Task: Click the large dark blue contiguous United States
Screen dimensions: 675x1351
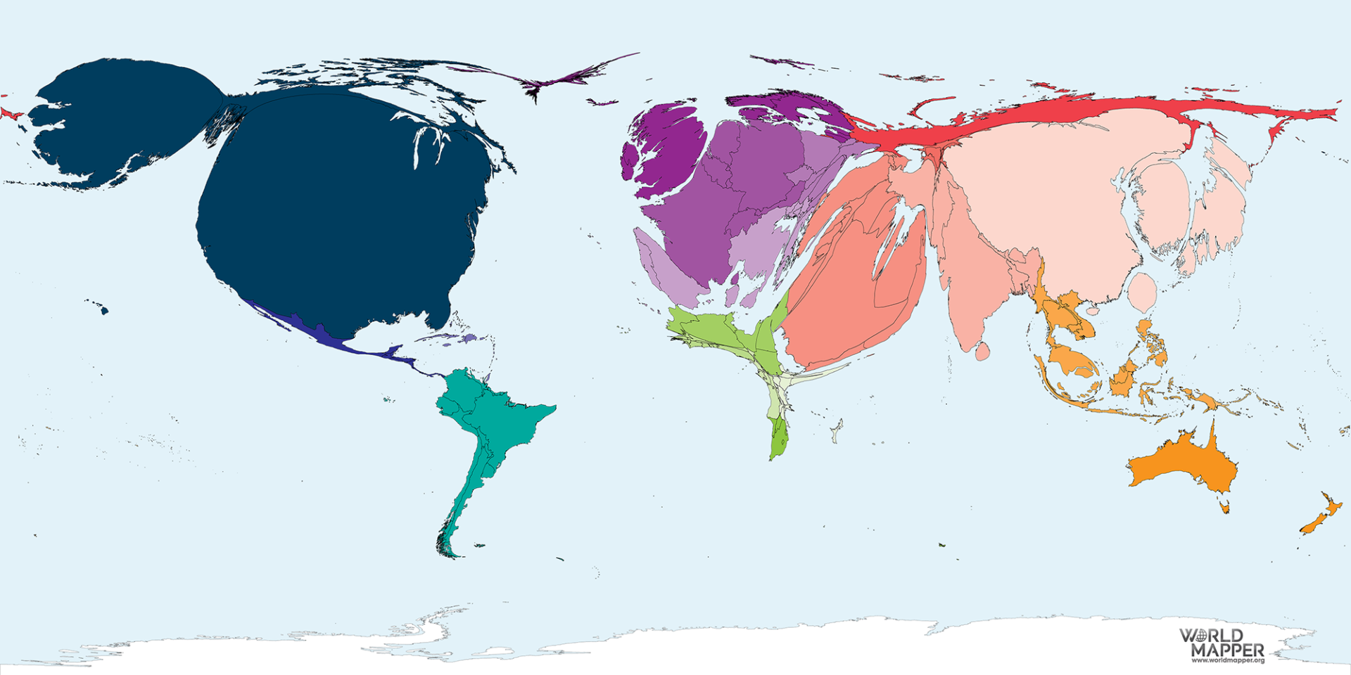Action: pyautogui.click(x=338, y=211)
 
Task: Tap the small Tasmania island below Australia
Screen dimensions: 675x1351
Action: pyautogui.click(x=1224, y=507)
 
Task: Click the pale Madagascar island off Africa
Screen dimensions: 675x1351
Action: pyautogui.click(x=837, y=430)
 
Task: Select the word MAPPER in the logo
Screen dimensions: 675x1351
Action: pyautogui.click(x=1228, y=650)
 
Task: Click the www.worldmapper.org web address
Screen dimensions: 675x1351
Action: pyautogui.click(x=1228, y=661)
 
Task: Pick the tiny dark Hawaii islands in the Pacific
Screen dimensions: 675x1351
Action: pyautogui.click(x=102, y=308)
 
